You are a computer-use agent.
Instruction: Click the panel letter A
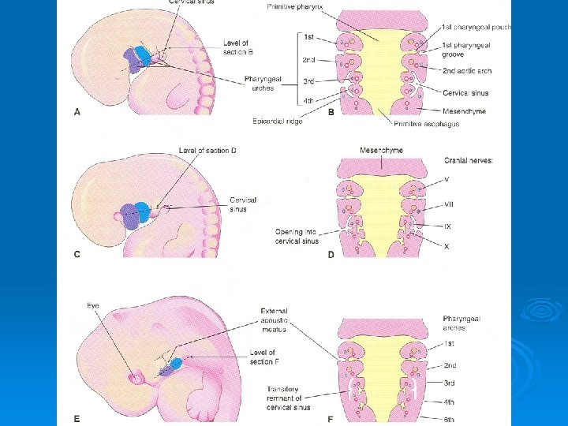pos(77,112)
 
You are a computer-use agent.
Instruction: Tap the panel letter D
pos(331,254)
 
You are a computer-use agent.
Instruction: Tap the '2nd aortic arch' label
pos(467,70)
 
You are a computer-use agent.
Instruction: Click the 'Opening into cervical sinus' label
pos(297,236)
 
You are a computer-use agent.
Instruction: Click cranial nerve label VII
pos(450,204)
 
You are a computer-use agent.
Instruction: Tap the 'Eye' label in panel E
pos(94,305)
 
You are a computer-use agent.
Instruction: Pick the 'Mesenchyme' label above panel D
pos(381,149)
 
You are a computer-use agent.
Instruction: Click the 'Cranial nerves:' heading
pos(469,161)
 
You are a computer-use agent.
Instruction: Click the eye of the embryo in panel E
pos(140,378)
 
